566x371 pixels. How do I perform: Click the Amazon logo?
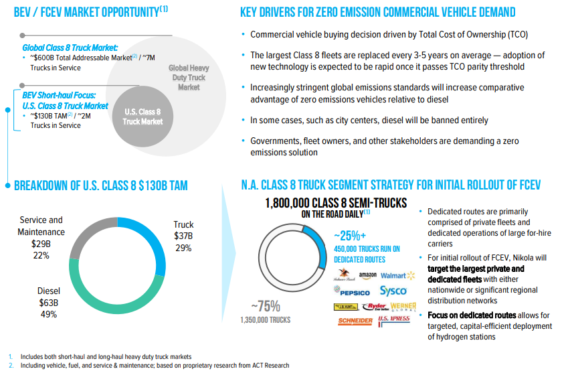[x=368, y=275]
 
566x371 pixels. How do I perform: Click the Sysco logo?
[x=393, y=291]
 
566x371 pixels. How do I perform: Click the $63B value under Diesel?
[x=48, y=302]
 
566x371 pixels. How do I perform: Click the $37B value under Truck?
[x=183, y=236]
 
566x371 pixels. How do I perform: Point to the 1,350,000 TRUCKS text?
[x=265, y=320]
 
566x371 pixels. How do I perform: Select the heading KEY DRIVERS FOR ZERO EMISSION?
[x=378, y=12]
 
